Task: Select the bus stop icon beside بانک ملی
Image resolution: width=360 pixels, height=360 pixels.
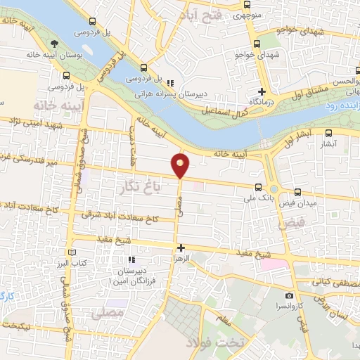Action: pyautogui.click(x=258, y=188)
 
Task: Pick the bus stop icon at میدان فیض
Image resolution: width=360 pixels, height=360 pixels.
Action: pyautogui.click(x=297, y=192)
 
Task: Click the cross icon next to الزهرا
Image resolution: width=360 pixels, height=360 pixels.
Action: pyautogui.click(x=181, y=247)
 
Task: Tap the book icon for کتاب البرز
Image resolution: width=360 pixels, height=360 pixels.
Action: pyautogui.click(x=70, y=252)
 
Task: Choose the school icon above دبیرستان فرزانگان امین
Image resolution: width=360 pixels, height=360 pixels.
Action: pyautogui.click(x=131, y=260)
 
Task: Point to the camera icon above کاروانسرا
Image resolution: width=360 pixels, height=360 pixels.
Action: pyautogui.click(x=289, y=295)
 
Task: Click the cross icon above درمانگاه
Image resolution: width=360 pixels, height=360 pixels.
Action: pyautogui.click(x=262, y=91)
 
